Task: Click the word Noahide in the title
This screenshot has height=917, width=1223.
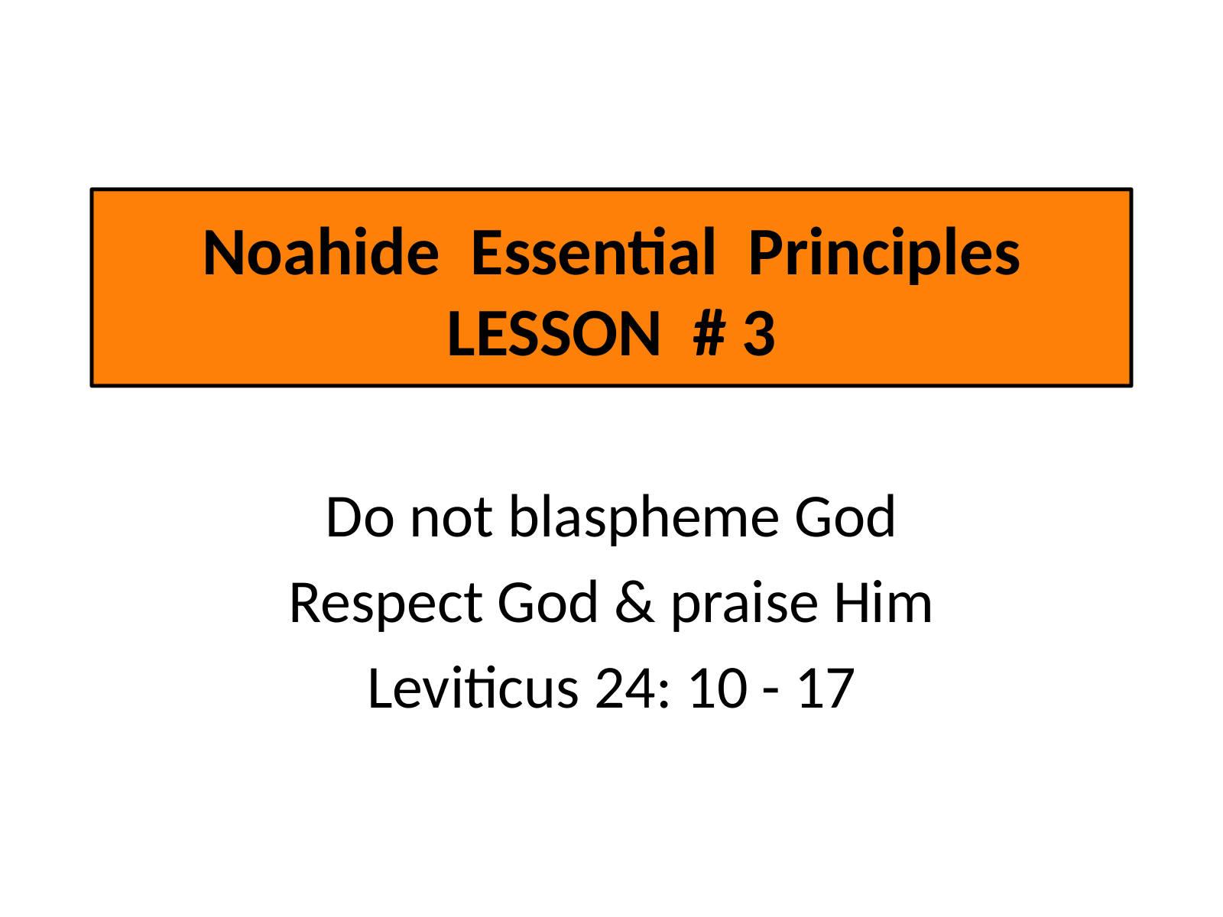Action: pos(321,252)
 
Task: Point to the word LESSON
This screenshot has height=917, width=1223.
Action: pos(554,334)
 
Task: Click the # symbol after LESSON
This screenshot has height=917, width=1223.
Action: pos(710,334)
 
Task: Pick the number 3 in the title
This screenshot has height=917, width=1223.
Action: pos(759,334)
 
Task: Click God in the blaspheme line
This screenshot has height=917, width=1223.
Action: pos(844,517)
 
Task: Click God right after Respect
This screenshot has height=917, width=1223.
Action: pos(547,602)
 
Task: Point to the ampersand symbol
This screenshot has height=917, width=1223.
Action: pos(634,602)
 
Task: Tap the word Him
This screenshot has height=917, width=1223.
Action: pos(883,602)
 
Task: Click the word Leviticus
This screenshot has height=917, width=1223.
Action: pos(473,689)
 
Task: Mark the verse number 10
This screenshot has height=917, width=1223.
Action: pos(719,689)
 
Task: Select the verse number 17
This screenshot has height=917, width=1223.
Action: pos(826,689)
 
